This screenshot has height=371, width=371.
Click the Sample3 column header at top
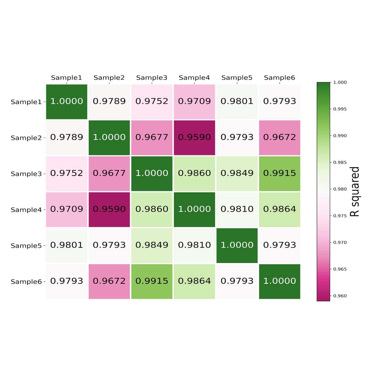point(152,78)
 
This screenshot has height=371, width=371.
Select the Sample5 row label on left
point(26,246)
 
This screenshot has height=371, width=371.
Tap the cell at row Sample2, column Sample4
point(194,137)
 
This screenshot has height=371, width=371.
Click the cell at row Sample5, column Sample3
point(152,245)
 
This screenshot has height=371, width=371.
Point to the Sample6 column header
point(280,78)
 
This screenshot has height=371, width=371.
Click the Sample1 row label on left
point(26,102)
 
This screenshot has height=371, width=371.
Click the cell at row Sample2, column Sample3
point(152,137)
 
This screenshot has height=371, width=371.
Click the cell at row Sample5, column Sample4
point(194,245)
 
